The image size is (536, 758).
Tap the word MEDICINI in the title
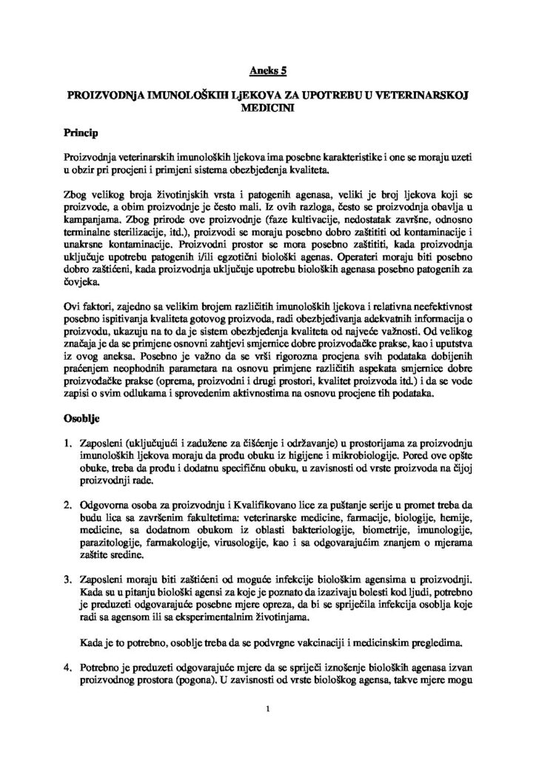point(267,107)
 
